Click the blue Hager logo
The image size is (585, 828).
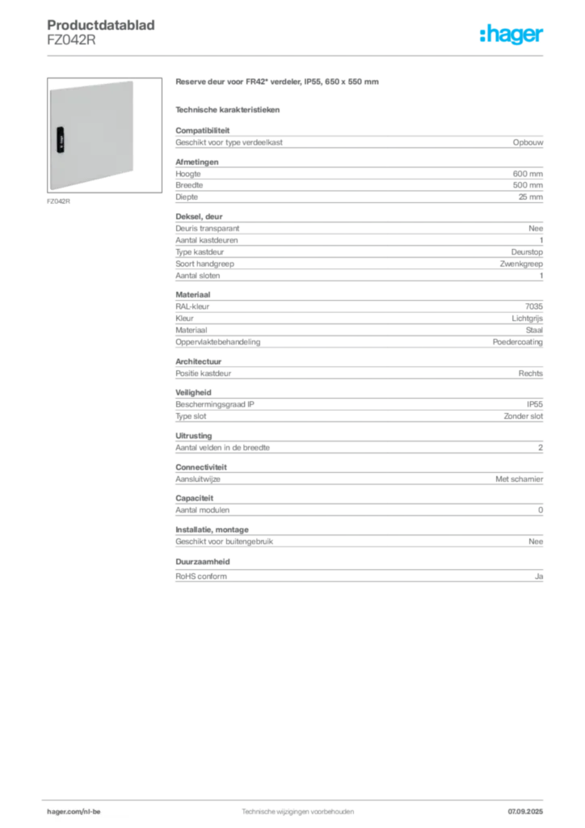(x=512, y=36)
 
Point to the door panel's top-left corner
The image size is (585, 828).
(x=48, y=89)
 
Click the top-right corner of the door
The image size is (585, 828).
(x=133, y=81)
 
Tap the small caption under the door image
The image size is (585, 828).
(x=57, y=201)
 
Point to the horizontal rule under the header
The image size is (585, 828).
(x=297, y=55)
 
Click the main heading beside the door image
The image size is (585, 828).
(x=277, y=83)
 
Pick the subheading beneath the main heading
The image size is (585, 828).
(x=229, y=109)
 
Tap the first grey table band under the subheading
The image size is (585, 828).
(x=358, y=142)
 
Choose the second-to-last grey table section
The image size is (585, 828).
(x=358, y=538)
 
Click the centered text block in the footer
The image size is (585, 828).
(x=297, y=809)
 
